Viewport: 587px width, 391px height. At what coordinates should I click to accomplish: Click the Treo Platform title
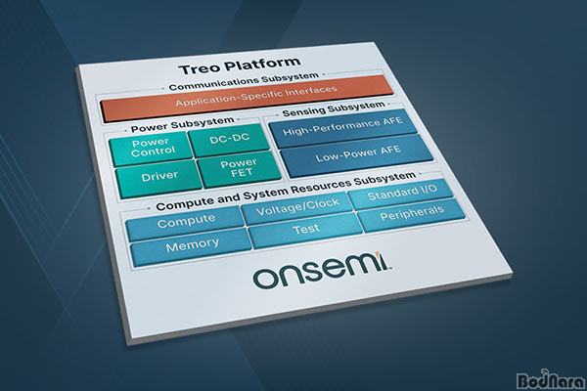click(x=240, y=65)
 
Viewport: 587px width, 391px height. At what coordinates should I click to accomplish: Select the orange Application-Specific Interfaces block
click(x=248, y=98)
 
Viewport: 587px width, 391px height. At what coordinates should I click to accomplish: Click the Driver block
click(x=159, y=180)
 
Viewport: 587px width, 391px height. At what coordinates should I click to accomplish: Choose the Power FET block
click(x=240, y=168)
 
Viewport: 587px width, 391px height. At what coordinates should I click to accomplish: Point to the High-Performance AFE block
click(x=343, y=127)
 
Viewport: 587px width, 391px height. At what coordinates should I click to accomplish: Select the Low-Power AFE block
click(x=357, y=154)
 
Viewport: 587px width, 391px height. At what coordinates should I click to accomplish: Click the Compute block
click(x=185, y=222)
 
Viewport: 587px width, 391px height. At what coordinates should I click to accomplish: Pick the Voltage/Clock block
click(x=297, y=207)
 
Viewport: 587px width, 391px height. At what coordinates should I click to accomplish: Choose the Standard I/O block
click(x=401, y=193)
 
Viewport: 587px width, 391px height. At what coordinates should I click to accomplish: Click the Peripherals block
click(x=412, y=214)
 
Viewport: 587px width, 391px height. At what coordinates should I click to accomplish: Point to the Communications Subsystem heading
click(x=244, y=81)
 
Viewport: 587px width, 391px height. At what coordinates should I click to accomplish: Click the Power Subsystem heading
click(x=182, y=124)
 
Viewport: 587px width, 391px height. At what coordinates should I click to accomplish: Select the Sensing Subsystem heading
click(x=334, y=109)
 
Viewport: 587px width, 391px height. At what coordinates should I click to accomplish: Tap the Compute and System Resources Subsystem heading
click(x=286, y=191)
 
